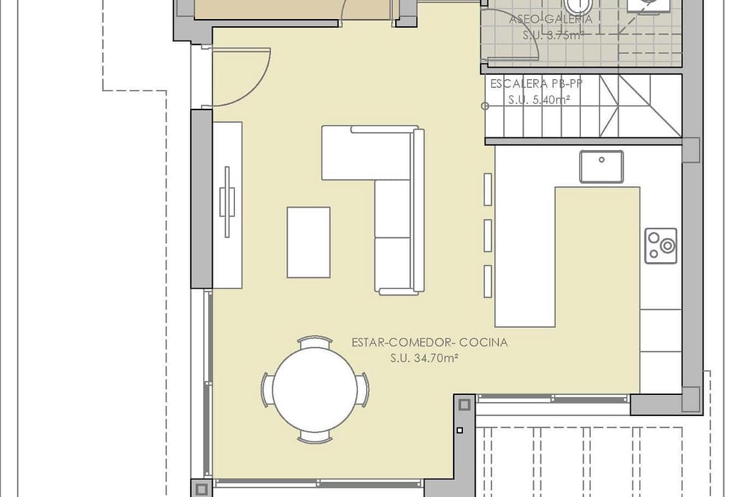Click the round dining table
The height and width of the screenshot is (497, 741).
click(x=315, y=390)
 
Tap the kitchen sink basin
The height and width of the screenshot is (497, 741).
click(x=602, y=167)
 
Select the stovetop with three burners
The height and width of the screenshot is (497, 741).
click(x=661, y=246)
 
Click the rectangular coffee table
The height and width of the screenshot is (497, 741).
click(x=308, y=242)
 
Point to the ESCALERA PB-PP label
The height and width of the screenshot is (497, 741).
click(x=536, y=84)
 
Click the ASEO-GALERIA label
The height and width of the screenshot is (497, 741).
click(x=550, y=20)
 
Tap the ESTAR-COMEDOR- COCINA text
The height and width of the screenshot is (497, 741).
click(x=429, y=342)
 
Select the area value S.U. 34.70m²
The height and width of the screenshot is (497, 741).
click(x=424, y=358)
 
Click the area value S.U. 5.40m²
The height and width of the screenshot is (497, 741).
click(x=539, y=99)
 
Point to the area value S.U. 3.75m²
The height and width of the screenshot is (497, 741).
click(x=553, y=35)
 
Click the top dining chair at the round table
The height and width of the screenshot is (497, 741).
click(x=315, y=342)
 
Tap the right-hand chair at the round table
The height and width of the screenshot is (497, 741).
click(x=364, y=390)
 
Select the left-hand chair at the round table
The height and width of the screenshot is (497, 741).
click(x=267, y=390)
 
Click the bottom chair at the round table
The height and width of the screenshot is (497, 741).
click(x=315, y=437)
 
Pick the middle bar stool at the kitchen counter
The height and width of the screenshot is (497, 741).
click(x=488, y=236)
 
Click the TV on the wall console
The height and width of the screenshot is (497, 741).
click(x=227, y=202)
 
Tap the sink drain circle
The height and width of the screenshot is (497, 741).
click(x=602, y=160)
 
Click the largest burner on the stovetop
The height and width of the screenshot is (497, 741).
click(x=668, y=246)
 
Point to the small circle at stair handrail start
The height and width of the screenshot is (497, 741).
click(x=485, y=106)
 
